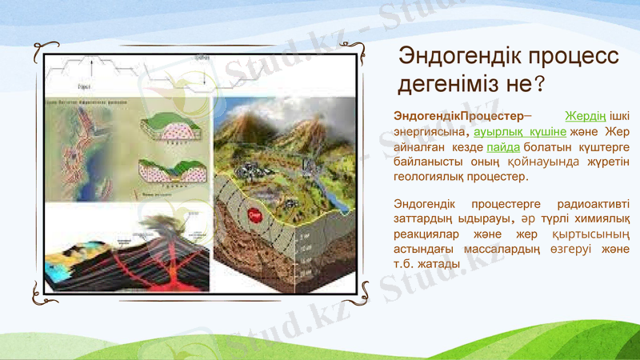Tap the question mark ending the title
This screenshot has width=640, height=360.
541,82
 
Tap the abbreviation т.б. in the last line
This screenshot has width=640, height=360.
406,264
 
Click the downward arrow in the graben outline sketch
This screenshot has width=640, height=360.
206,75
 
